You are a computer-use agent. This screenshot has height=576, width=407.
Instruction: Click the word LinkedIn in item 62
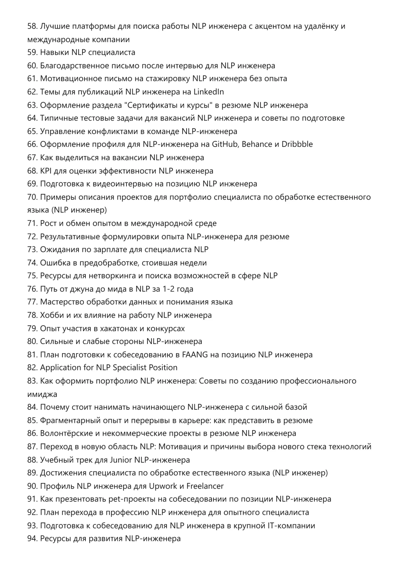[209, 92]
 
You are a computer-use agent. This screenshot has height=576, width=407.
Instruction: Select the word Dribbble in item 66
[297, 144]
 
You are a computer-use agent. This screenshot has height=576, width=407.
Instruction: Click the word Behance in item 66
[257, 144]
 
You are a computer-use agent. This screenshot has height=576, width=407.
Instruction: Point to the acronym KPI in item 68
[44, 171]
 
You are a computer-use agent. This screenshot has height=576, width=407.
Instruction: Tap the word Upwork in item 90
[163, 486]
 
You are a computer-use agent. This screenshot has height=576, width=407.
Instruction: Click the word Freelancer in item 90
[205, 486]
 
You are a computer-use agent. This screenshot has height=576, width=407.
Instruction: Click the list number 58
[32, 26]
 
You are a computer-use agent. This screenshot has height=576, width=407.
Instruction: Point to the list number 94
[32, 539]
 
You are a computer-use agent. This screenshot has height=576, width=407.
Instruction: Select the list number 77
[32, 302]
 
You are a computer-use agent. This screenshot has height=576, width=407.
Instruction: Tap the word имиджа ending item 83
[42, 394]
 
